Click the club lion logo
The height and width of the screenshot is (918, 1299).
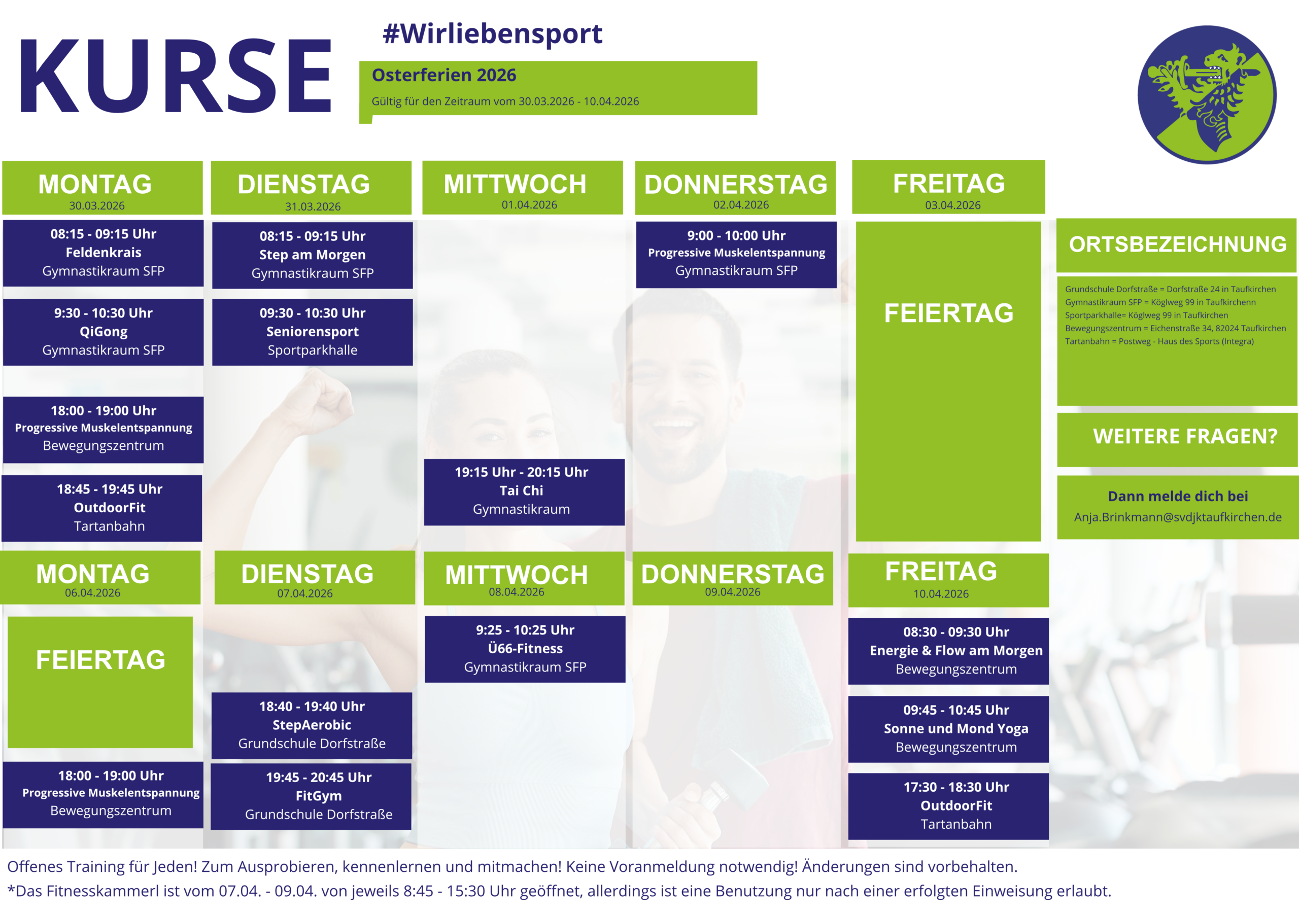(1207, 94)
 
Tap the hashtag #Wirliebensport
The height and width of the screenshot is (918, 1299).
(492, 34)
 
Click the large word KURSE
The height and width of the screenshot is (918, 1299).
(176, 76)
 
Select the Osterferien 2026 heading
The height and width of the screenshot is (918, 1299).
(443, 75)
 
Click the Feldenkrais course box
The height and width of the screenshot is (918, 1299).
(103, 253)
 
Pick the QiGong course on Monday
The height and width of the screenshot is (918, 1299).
(103, 332)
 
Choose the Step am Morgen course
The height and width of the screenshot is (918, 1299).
(312, 255)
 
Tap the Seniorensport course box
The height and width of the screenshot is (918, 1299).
(312, 332)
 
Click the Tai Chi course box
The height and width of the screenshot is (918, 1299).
(525, 492)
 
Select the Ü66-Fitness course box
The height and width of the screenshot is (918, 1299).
(525, 649)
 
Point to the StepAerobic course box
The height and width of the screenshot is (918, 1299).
(312, 725)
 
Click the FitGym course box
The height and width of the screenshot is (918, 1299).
(311, 796)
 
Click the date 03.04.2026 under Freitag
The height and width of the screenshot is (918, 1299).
(953, 205)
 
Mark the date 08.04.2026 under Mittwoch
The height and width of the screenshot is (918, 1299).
(517, 592)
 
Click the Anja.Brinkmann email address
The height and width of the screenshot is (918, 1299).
(1178, 517)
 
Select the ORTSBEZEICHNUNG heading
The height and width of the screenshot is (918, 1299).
(1178, 244)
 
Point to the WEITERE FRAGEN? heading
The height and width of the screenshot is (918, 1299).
(1185, 436)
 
